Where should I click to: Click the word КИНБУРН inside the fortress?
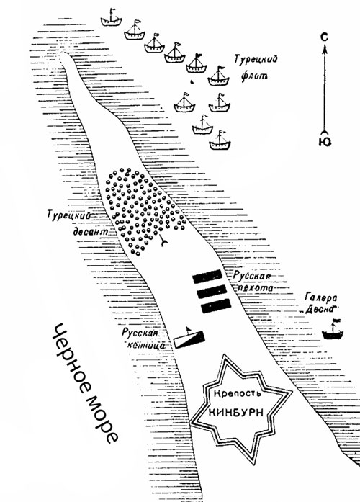(x=236, y=413)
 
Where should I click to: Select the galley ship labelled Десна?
(x=333, y=329)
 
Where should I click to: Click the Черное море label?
(x=84, y=383)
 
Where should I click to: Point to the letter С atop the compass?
(x=324, y=37)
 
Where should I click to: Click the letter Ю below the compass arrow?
(x=325, y=141)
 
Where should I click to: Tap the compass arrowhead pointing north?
(x=325, y=50)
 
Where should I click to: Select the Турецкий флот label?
(x=255, y=68)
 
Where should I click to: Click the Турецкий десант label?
(x=78, y=223)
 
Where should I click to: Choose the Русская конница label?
(x=143, y=339)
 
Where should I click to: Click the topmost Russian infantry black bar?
(x=207, y=277)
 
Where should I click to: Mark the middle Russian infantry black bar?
(x=212, y=292)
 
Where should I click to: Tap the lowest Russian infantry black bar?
(x=216, y=306)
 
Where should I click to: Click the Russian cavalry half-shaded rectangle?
(x=189, y=340)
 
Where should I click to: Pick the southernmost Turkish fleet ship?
(x=220, y=140)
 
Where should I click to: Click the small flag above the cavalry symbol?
(x=188, y=329)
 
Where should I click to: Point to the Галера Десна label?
(x=321, y=303)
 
